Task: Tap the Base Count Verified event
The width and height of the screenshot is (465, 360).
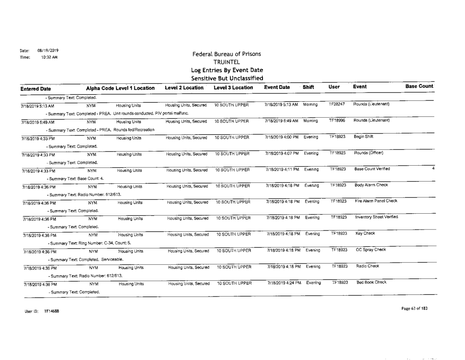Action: tap(373, 168)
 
